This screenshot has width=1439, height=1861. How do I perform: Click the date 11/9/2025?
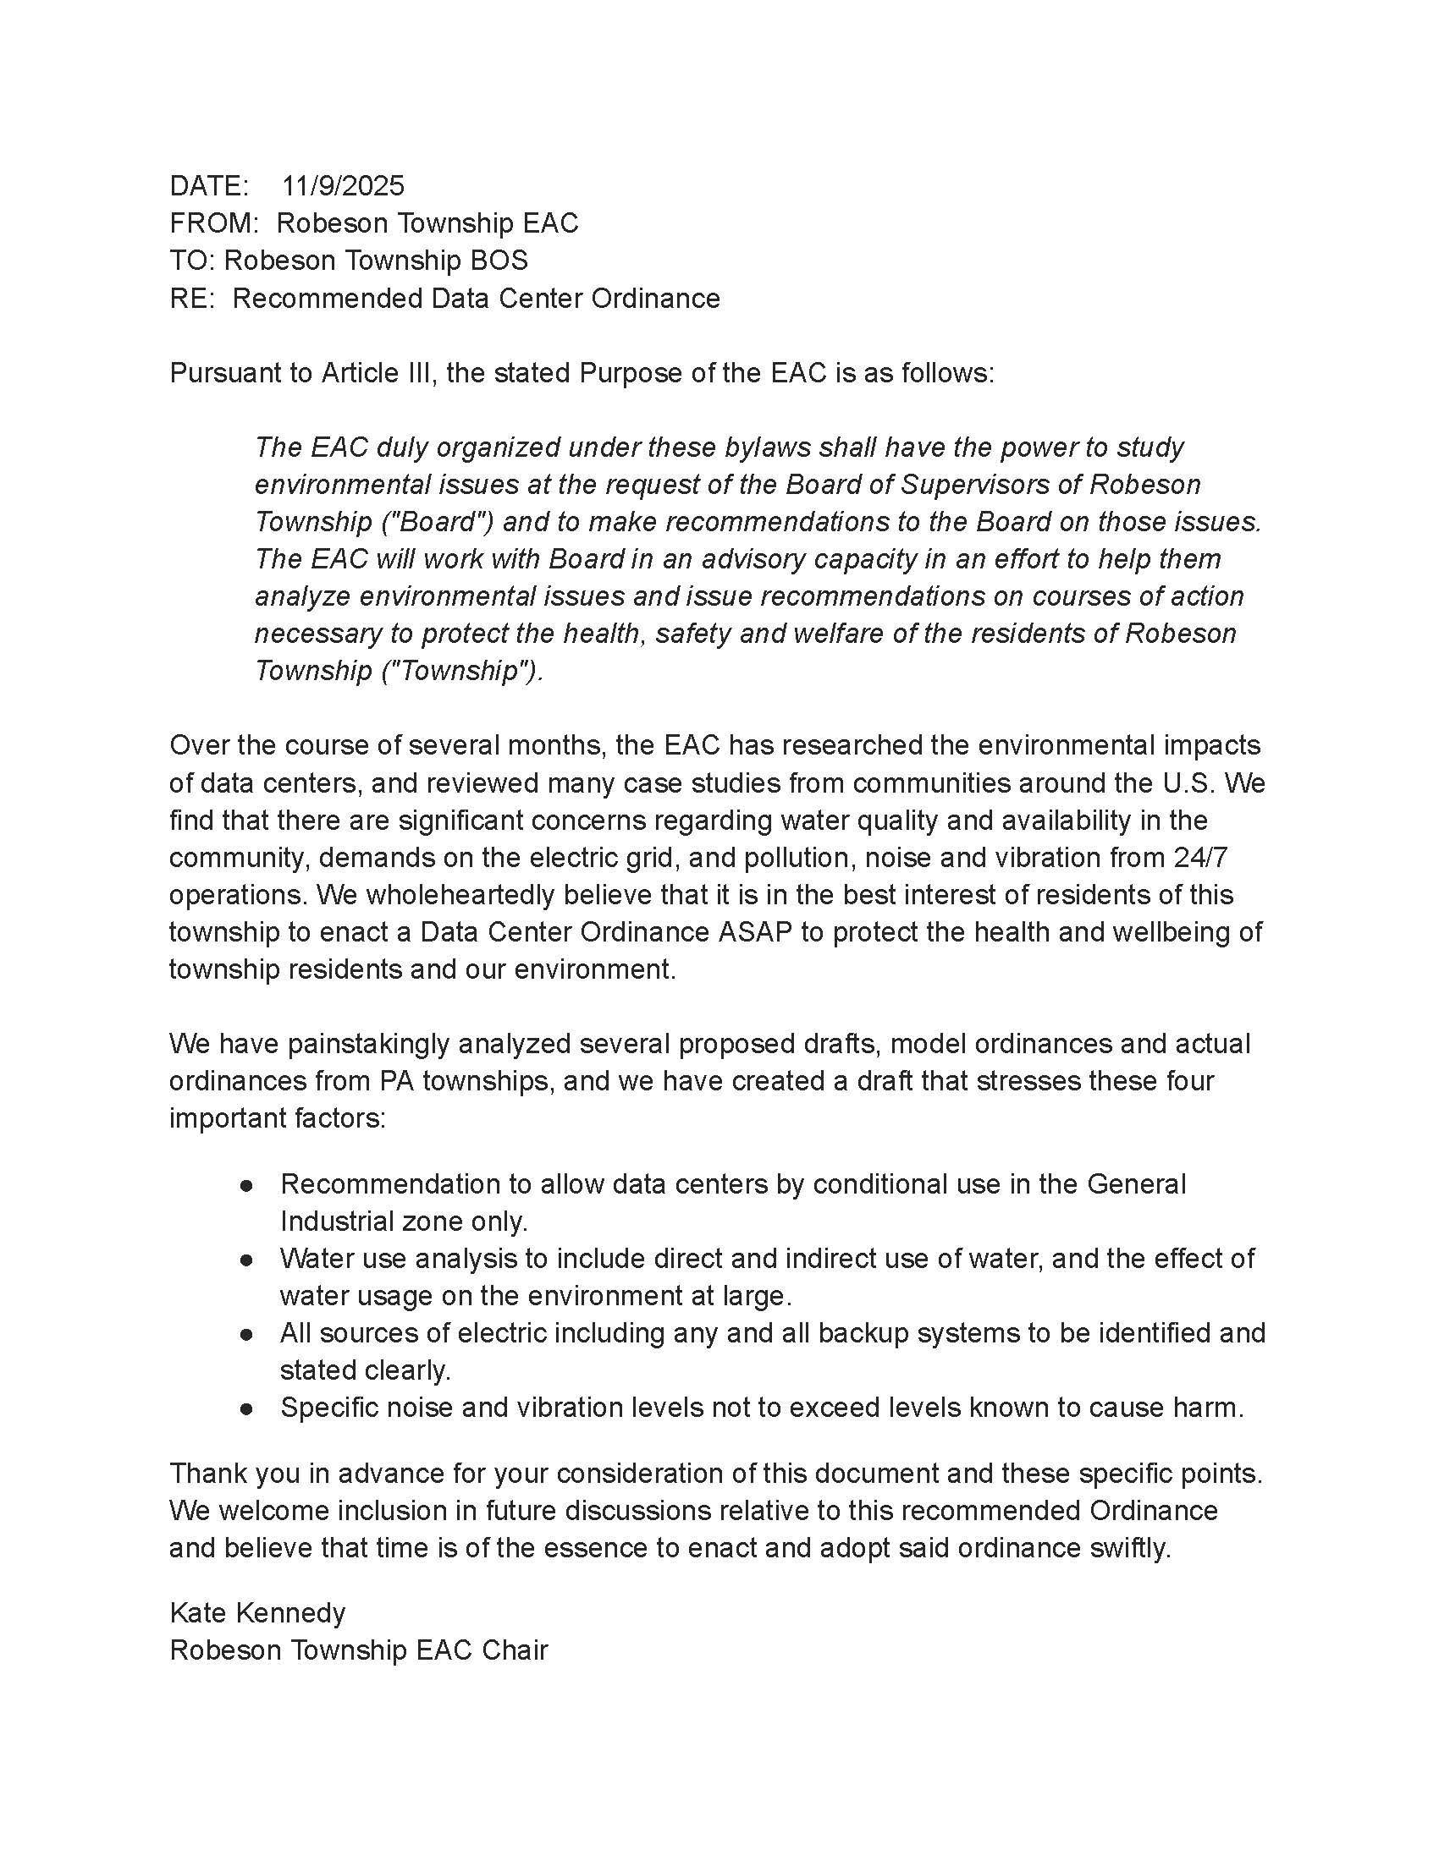[x=344, y=186]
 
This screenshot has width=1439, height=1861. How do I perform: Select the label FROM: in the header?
[x=213, y=223]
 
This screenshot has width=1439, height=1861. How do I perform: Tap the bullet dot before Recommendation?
[x=246, y=1185]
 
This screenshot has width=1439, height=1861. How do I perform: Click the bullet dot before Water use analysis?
[x=246, y=1260]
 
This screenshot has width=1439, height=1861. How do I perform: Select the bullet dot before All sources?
[x=246, y=1333]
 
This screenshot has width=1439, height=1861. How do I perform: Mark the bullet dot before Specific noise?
[x=246, y=1408]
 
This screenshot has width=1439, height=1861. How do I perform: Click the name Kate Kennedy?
[x=257, y=1613]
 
